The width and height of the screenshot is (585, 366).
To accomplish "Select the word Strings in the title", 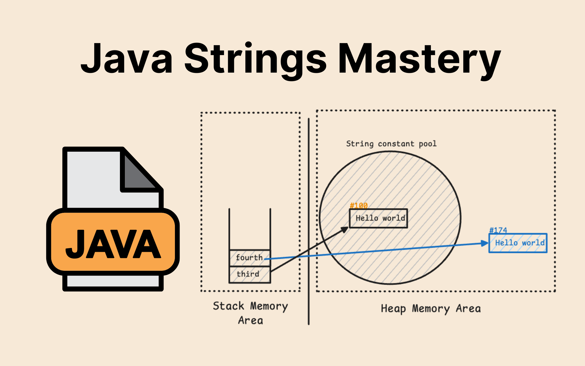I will click(255, 59).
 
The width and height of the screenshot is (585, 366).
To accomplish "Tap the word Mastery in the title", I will click(419, 59).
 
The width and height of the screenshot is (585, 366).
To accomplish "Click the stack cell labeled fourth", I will click(249, 258).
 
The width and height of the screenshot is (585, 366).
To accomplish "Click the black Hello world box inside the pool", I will click(378, 218).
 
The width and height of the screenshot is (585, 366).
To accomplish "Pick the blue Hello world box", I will click(518, 243).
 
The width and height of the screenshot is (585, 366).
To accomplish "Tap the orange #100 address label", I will click(359, 206).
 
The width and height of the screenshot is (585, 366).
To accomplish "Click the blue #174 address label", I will click(498, 230).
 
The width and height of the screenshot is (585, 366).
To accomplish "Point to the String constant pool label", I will click(391, 144).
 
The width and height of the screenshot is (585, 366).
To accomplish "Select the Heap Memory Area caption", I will click(431, 309).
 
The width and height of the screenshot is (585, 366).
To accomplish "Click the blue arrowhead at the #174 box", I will click(484, 243).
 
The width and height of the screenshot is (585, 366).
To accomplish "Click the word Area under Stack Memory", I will click(250, 320).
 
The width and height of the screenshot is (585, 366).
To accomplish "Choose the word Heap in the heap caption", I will click(393, 309).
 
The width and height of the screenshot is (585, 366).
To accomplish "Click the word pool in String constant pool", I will click(428, 144).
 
